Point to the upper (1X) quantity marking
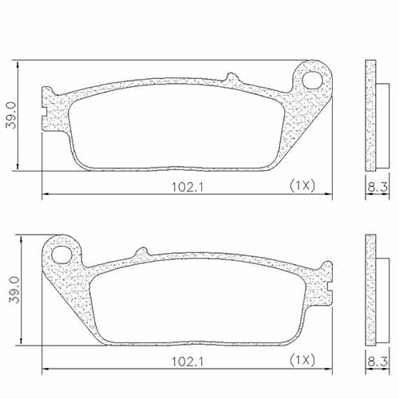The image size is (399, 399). (x=302, y=185)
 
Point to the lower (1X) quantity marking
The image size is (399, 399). (x=302, y=360)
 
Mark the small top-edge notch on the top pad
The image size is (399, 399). (x=231, y=77)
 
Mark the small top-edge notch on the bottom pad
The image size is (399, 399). (x=143, y=253)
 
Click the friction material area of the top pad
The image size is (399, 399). (x=176, y=124)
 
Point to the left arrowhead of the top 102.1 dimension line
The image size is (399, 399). (x=45, y=193)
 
